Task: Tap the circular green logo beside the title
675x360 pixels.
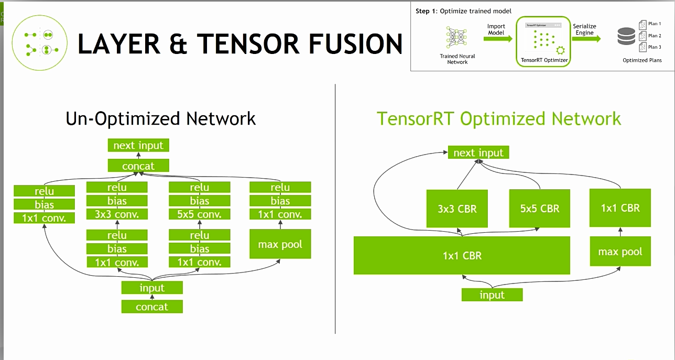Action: click(x=40, y=42)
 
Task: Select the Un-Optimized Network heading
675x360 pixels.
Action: click(x=160, y=118)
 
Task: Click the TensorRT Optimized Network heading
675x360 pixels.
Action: click(x=498, y=118)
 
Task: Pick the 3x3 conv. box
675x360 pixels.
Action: click(x=117, y=214)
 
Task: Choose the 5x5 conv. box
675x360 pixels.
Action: click(x=199, y=214)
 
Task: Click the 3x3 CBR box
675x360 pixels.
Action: click(x=457, y=208)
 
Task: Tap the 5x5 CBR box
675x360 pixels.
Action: click(x=539, y=208)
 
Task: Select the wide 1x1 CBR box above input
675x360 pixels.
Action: click(x=462, y=256)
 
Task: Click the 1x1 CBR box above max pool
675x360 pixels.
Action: click(x=620, y=208)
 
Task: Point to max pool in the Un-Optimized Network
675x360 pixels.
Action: click(x=280, y=244)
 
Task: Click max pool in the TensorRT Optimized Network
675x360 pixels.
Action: click(x=620, y=252)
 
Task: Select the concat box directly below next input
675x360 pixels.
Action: click(x=138, y=166)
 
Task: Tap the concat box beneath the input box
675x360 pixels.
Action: click(x=152, y=307)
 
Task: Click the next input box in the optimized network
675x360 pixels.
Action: click(x=478, y=152)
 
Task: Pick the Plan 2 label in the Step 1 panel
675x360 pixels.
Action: click(x=654, y=36)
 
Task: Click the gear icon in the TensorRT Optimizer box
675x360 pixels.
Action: click(x=560, y=50)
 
